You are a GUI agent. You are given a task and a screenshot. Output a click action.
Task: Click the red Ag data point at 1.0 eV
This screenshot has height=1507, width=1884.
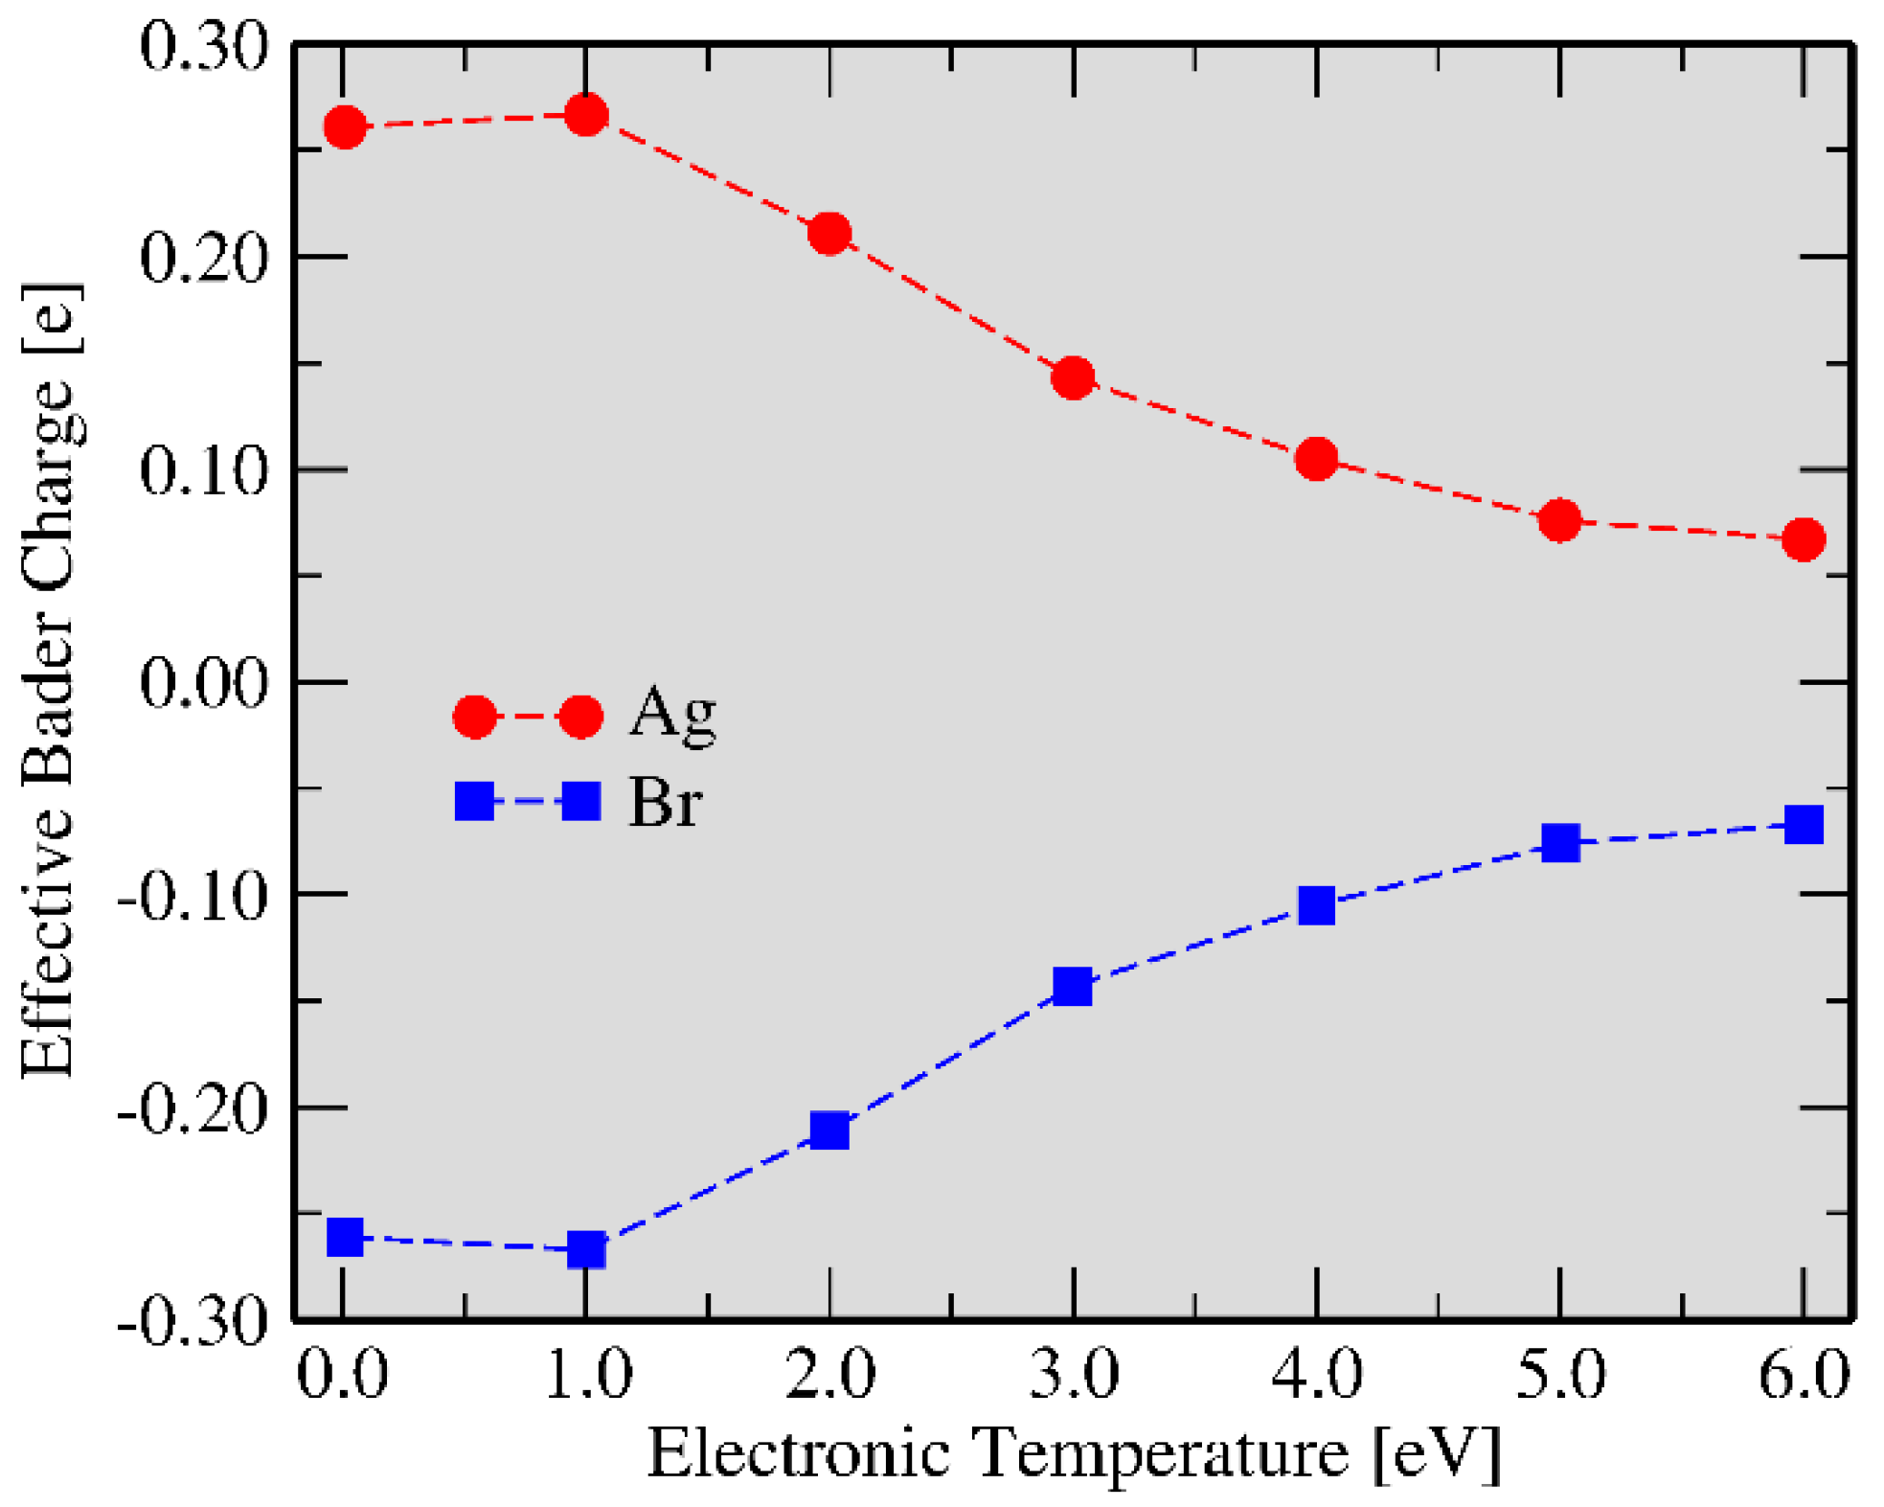point(585,116)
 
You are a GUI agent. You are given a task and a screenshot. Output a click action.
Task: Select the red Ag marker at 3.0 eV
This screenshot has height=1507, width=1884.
point(1073,377)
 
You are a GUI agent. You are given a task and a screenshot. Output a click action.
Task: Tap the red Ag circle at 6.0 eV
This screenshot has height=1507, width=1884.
point(1804,539)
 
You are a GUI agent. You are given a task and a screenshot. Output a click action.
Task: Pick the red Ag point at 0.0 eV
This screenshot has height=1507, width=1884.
point(345,126)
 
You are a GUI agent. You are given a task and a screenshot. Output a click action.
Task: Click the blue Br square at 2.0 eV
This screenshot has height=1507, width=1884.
point(829,1130)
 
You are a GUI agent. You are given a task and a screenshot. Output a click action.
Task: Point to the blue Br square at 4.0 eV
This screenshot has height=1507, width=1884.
point(1317,904)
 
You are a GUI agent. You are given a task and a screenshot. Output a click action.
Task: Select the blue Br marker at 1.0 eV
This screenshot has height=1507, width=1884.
point(586,1249)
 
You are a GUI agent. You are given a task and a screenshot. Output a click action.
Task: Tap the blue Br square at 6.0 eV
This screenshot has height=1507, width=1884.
point(1804,825)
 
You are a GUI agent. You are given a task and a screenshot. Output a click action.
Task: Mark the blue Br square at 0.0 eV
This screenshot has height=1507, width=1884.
point(345,1237)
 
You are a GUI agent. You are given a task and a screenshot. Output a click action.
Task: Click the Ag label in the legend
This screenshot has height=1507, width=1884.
point(672,715)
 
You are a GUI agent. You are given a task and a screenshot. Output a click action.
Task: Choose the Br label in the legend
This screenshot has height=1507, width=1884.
point(665,802)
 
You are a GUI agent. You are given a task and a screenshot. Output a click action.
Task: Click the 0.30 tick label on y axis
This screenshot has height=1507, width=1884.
point(203,46)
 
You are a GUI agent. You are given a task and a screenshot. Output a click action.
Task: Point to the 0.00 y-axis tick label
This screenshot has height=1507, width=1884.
point(203,683)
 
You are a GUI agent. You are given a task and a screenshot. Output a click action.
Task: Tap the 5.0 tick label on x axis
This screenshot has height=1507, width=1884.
point(1560,1375)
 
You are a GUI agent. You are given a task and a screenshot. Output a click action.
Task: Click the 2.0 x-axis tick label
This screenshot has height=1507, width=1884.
point(829,1375)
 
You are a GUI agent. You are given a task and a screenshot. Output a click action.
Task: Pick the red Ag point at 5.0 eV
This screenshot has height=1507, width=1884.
point(1560,520)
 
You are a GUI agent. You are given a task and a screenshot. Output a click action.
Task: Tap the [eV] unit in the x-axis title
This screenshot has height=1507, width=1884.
point(1436,1454)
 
